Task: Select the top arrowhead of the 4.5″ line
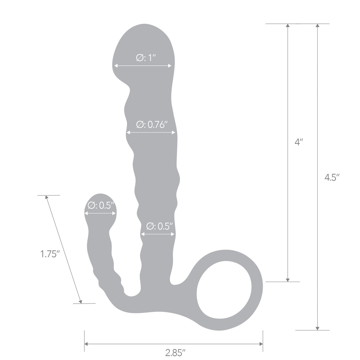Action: pyautogui.click(x=318, y=26)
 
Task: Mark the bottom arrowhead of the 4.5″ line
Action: pyautogui.click(x=318, y=328)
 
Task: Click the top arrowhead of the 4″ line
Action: pyautogui.click(x=287, y=26)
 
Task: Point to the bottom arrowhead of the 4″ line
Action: pyautogui.click(x=287, y=279)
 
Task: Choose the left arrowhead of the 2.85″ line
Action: pyautogui.click(x=87, y=344)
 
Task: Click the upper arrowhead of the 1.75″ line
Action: pyautogui.click(x=46, y=197)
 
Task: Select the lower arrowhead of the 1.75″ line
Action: pyautogui.click(x=80, y=301)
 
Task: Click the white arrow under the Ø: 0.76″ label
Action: pyautogui.click(x=151, y=133)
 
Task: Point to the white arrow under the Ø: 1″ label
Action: pyautogui.click(x=143, y=66)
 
